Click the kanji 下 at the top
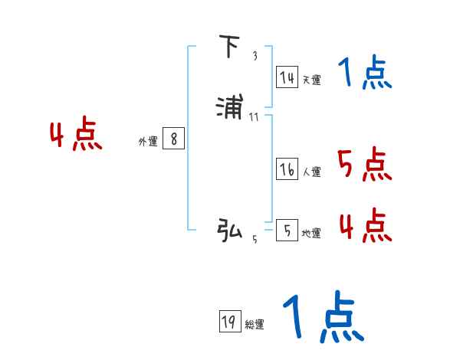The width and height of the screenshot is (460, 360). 228,48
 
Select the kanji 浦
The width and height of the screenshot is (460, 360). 230,107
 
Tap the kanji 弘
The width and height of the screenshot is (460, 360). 229,229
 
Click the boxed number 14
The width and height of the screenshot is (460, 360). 287,77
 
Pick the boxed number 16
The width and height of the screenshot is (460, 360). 287,169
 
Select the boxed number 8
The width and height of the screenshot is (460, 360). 174,139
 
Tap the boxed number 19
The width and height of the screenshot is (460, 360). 228,322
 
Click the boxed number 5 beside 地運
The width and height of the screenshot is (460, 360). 287,230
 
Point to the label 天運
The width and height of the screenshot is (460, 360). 311,80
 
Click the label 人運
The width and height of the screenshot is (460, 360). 311,172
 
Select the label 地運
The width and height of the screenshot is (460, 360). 311,233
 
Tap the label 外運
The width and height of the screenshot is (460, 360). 148,141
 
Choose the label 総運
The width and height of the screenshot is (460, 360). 254,325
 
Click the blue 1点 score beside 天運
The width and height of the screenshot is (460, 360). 365,74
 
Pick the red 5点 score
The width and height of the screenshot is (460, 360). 364,165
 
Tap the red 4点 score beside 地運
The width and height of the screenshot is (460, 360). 365,224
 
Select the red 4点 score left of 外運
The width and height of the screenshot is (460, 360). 76,136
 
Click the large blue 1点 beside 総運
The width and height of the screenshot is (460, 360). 323,317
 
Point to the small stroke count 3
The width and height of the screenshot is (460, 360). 255,56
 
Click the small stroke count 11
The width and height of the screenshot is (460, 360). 255,116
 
